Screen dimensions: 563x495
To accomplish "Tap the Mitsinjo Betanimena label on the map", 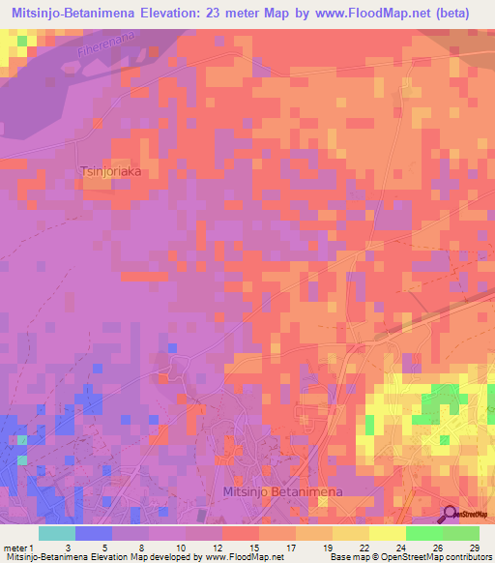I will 282,491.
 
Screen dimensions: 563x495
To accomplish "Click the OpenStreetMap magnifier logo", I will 450,514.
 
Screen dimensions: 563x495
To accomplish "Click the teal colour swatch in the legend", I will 57,533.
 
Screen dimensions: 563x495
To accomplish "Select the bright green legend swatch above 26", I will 423,533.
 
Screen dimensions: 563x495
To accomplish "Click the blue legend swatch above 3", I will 94,533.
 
